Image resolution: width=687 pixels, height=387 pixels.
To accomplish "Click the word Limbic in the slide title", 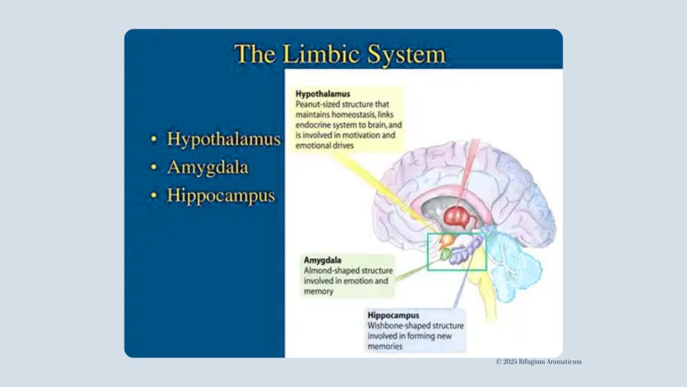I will click(311, 54).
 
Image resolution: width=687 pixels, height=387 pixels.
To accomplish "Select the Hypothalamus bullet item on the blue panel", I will click(223, 139).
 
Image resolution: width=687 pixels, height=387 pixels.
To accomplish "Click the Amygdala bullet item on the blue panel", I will click(207, 167).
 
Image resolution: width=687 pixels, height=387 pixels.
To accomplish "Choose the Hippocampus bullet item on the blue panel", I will click(221, 196).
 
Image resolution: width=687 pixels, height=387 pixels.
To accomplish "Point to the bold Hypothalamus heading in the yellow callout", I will click(322, 93).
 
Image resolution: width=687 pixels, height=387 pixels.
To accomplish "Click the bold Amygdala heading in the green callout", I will click(322, 260).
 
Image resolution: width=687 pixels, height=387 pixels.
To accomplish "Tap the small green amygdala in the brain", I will click(445, 253).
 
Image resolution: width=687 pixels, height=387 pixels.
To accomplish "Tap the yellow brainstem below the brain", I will click(484, 287).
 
